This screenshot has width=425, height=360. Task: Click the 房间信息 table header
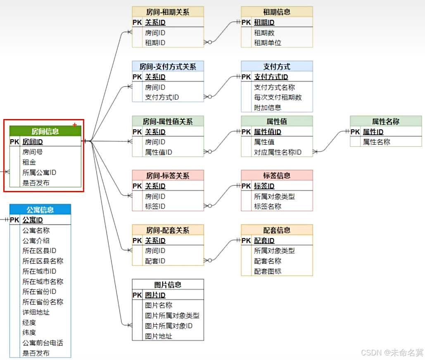click(x=45, y=131)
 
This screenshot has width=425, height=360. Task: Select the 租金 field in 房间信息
click(x=29, y=162)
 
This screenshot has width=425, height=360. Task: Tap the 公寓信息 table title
click(x=40, y=210)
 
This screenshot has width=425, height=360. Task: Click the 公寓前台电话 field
click(x=43, y=343)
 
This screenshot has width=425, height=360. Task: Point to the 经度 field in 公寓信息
click(x=29, y=322)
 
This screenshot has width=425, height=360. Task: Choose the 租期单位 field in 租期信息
click(x=267, y=43)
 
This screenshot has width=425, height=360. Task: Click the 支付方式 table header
click(x=277, y=66)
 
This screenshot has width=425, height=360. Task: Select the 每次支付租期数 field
click(x=278, y=98)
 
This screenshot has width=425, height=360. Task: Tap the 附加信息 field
click(x=267, y=107)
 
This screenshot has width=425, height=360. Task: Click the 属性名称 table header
click(x=385, y=121)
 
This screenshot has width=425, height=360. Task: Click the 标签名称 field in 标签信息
click(x=267, y=206)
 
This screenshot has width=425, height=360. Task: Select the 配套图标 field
click(x=267, y=271)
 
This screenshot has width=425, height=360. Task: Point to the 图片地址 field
click(x=159, y=336)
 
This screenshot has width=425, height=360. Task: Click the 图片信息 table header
click(x=168, y=284)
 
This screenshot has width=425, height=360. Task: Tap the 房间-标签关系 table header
click(x=168, y=175)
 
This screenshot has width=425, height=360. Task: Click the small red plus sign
click(x=75, y=124)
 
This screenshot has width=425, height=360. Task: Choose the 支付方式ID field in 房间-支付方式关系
click(x=162, y=98)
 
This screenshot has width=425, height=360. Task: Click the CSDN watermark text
click(x=392, y=353)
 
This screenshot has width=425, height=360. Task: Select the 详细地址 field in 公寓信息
click(x=36, y=312)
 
